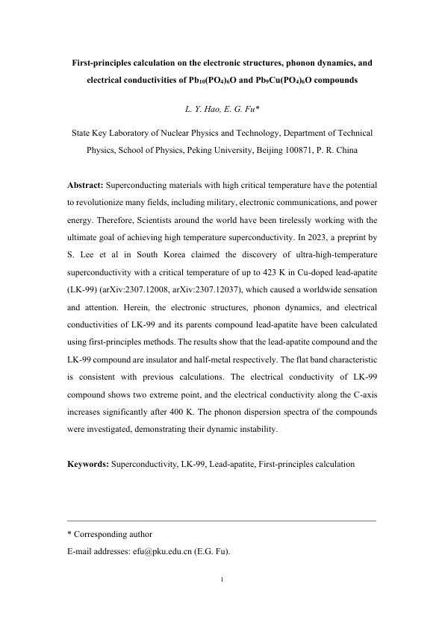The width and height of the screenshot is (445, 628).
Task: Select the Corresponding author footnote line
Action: pos(110,535)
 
